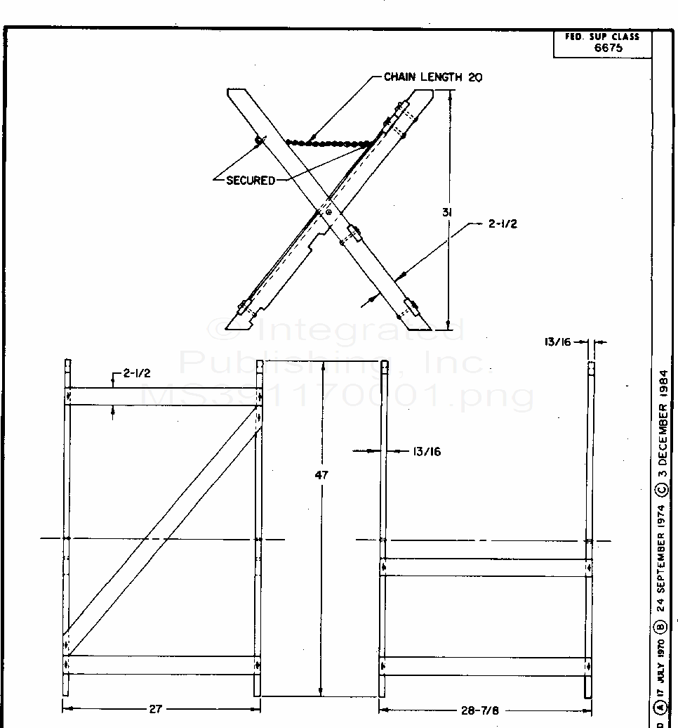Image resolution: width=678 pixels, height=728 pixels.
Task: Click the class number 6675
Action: coord(607,48)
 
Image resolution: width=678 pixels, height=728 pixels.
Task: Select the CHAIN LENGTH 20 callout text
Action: coord(432,77)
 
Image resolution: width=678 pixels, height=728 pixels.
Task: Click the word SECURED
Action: coord(251,181)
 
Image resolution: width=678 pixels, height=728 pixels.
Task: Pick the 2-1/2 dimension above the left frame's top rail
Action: coord(138,374)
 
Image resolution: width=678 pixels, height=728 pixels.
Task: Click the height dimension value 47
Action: coord(321,474)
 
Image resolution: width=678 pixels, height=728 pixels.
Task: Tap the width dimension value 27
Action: coord(155,709)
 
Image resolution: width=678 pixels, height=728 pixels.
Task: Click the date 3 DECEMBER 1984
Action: coord(663,422)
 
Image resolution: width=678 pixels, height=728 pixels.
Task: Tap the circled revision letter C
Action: coord(663,489)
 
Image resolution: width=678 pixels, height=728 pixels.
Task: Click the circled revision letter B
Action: coord(663,628)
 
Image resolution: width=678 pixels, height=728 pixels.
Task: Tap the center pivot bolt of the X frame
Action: coord(328,212)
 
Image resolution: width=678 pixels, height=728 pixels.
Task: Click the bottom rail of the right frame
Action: coord(485,665)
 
